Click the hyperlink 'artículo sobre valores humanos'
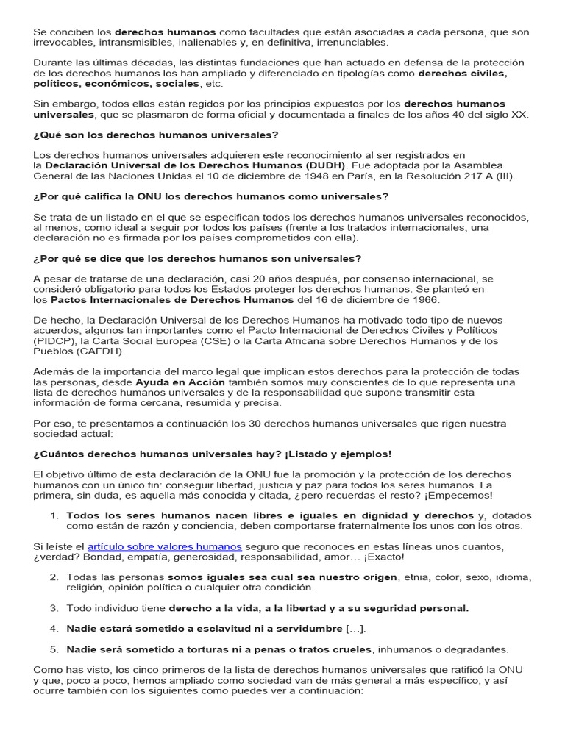point(164,546)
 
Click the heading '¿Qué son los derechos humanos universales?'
point(156,135)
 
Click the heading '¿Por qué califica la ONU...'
point(210,196)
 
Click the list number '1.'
point(54,515)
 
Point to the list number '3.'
point(54,608)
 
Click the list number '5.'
point(54,649)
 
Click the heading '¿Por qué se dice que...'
point(197,258)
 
